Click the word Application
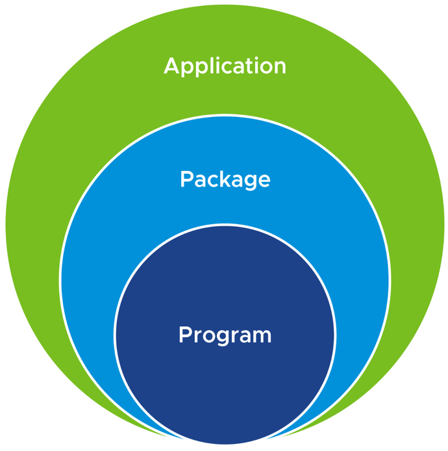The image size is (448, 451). pyautogui.click(x=225, y=66)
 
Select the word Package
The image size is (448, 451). pyautogui.click(x=225, y=179)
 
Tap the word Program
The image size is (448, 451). pyautogui.click(x=225, y=336)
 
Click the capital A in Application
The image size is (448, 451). pyautogui.click(x=172, y=66)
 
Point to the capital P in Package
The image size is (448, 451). pyautogui.click(x=186, y=179)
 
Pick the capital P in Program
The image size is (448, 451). pyautogui.click(x=185, y=335)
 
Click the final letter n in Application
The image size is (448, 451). pyautogui.click(x=279, y=68)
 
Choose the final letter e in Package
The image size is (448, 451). pyautogui.click(x=263, y=181)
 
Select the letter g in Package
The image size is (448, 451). pyautogui.click(x=249, y=183)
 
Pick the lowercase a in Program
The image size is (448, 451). pyautogui.click(x=245, y=337)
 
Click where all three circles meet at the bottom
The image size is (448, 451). pyautogui.click(x=225, y=446)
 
